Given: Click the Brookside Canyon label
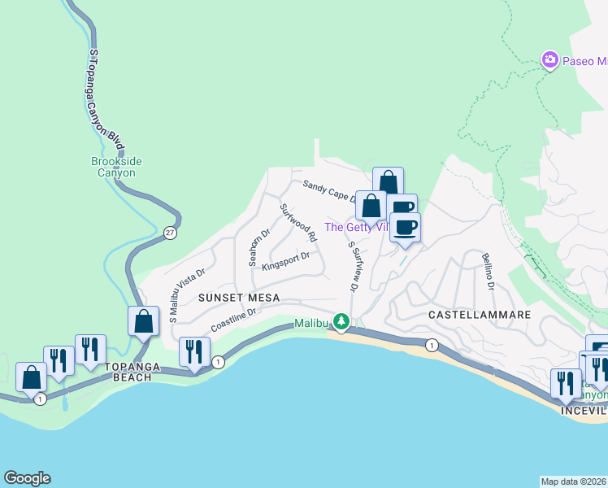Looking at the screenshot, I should click(x=116, y=167).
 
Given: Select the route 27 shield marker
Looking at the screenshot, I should click(x=169, y=233).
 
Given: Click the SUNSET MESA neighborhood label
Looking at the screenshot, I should click(x=240, y=298).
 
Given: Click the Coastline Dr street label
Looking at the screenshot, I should click(x=234, y=320).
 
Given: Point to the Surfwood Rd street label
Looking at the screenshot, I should click(x=298, y=222).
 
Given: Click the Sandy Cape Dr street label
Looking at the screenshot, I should click(x=329, y=191).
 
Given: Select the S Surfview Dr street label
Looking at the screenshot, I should click(x=353, y=266).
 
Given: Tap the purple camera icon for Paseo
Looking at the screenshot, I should click(x=550, y=60).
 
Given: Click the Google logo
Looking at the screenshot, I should click(x=27, y=478).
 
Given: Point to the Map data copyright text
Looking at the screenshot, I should click(x=574, y=481).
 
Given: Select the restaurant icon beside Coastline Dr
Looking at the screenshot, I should click(x=193, y=351).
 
